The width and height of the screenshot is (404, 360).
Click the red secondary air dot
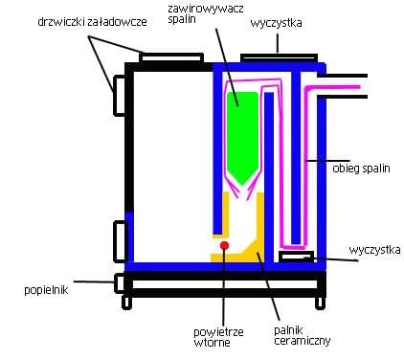point(224,246)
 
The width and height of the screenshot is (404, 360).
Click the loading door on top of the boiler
point(170,58)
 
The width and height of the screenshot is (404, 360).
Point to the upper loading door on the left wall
point(121,96)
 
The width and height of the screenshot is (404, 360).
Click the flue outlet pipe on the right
point(347,86)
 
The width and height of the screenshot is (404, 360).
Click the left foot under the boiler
point(127,302)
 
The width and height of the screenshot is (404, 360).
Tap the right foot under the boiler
point(317,302)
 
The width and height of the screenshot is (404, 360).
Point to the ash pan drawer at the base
point(220,282)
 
